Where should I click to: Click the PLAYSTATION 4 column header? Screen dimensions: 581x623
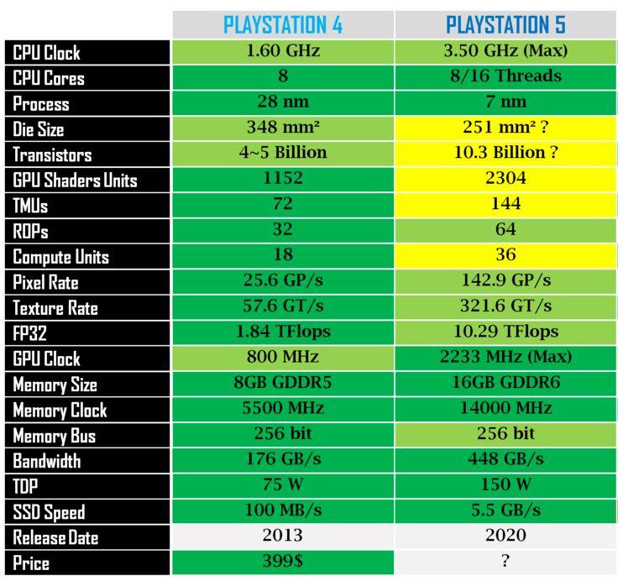[x=283, y=24]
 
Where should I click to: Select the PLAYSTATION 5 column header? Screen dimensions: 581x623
[x=505, y=24]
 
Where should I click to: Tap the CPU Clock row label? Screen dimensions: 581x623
[x=47, y=53]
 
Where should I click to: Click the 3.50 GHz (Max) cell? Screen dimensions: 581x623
[x=505, y=51]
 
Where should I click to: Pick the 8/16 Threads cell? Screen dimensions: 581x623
[x=505, y=76]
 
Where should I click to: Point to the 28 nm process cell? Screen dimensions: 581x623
[x=283, y=102]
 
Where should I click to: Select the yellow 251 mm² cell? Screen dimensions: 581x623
[x=505, y=128]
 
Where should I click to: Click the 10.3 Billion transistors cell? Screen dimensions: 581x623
[x=505, y=153]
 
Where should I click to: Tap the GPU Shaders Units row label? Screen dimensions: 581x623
[x=75, y=181]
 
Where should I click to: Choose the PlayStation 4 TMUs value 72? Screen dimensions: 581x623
[x=283, y=204]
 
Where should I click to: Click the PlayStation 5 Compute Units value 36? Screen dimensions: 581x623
[x=505, y=255]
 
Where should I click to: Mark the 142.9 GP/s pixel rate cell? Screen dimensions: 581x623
[x=505, y=280]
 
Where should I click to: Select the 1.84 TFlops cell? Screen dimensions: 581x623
[x=283, y=332]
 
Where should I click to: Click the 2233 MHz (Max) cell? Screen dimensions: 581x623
[x=505, y=357]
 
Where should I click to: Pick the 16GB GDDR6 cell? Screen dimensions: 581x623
[x=505, y=383]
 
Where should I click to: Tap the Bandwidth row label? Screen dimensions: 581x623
[x=47, y=461]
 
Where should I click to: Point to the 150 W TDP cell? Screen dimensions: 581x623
[x=505, y=484]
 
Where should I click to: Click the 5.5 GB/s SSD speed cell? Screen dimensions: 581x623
[x=505, y=510]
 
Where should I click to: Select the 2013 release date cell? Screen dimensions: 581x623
[x=283, y=536]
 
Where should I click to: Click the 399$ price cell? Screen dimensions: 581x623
[x=283, y=562]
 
